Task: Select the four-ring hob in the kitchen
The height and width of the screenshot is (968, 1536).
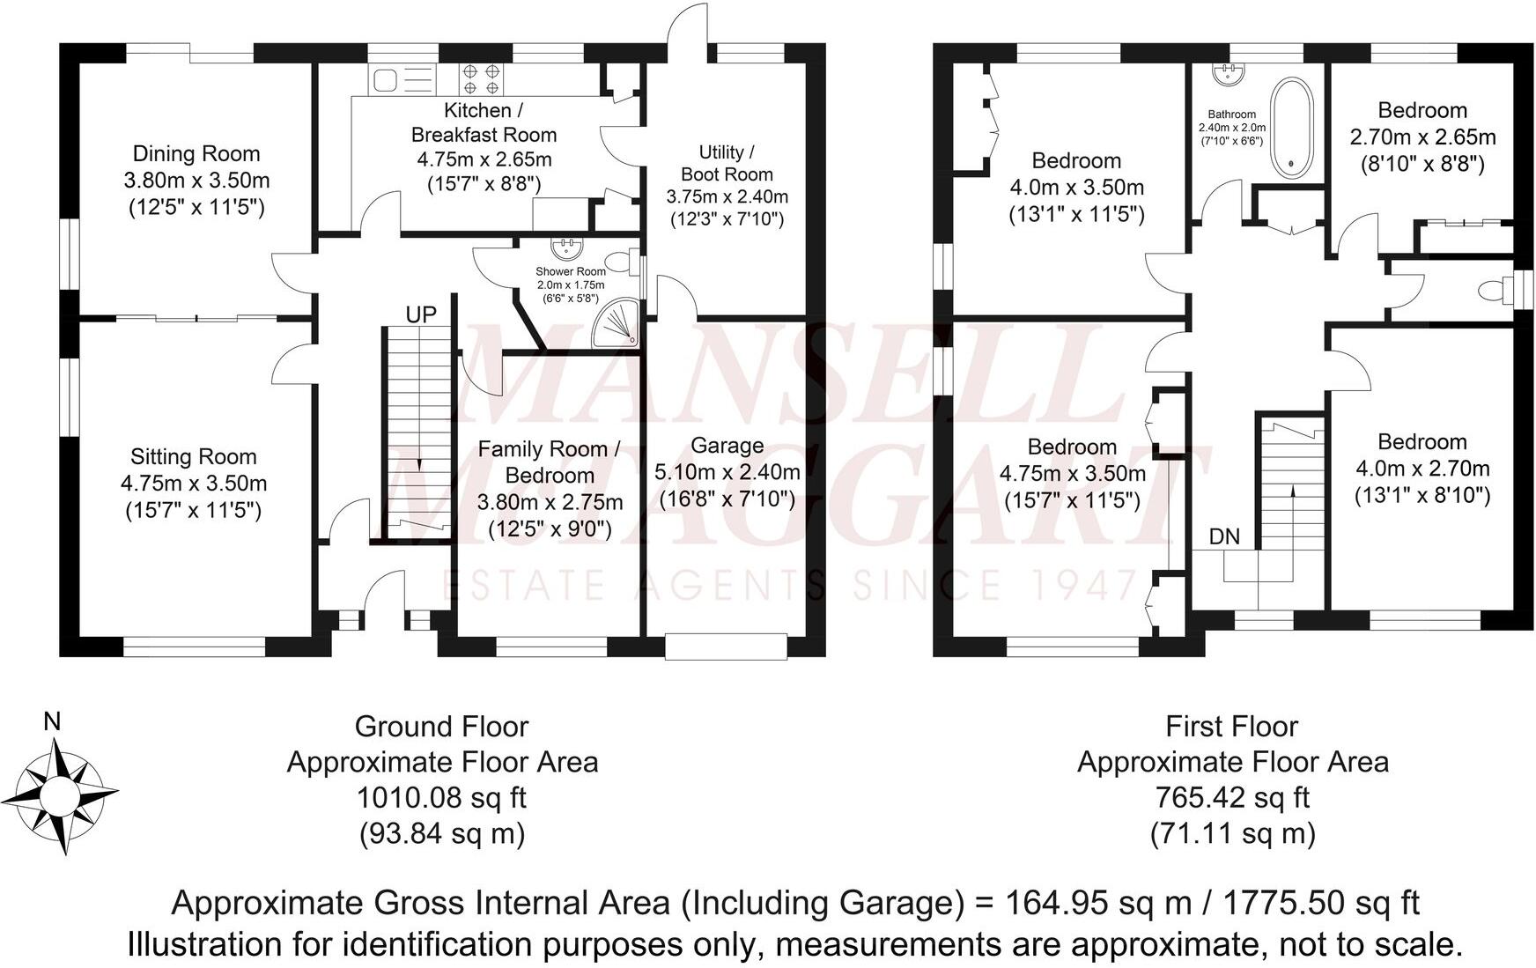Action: point(481,78)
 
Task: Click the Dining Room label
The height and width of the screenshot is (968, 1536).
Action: point(196,154)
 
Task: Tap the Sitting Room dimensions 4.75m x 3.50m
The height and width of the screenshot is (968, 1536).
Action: point(194,484)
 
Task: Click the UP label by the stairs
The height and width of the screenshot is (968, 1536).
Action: point(421,314)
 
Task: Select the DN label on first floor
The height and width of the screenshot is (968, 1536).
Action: point(1224,536)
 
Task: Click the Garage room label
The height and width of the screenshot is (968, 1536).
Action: point(727,446)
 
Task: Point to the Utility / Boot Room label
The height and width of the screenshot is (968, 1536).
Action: point(727,163)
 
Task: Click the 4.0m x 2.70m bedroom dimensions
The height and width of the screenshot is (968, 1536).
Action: point(1422,469)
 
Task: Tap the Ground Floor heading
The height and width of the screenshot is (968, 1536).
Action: point(441,727)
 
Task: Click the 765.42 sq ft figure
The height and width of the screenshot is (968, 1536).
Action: point(1232,798)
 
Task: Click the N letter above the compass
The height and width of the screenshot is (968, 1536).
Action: point(52,722)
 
